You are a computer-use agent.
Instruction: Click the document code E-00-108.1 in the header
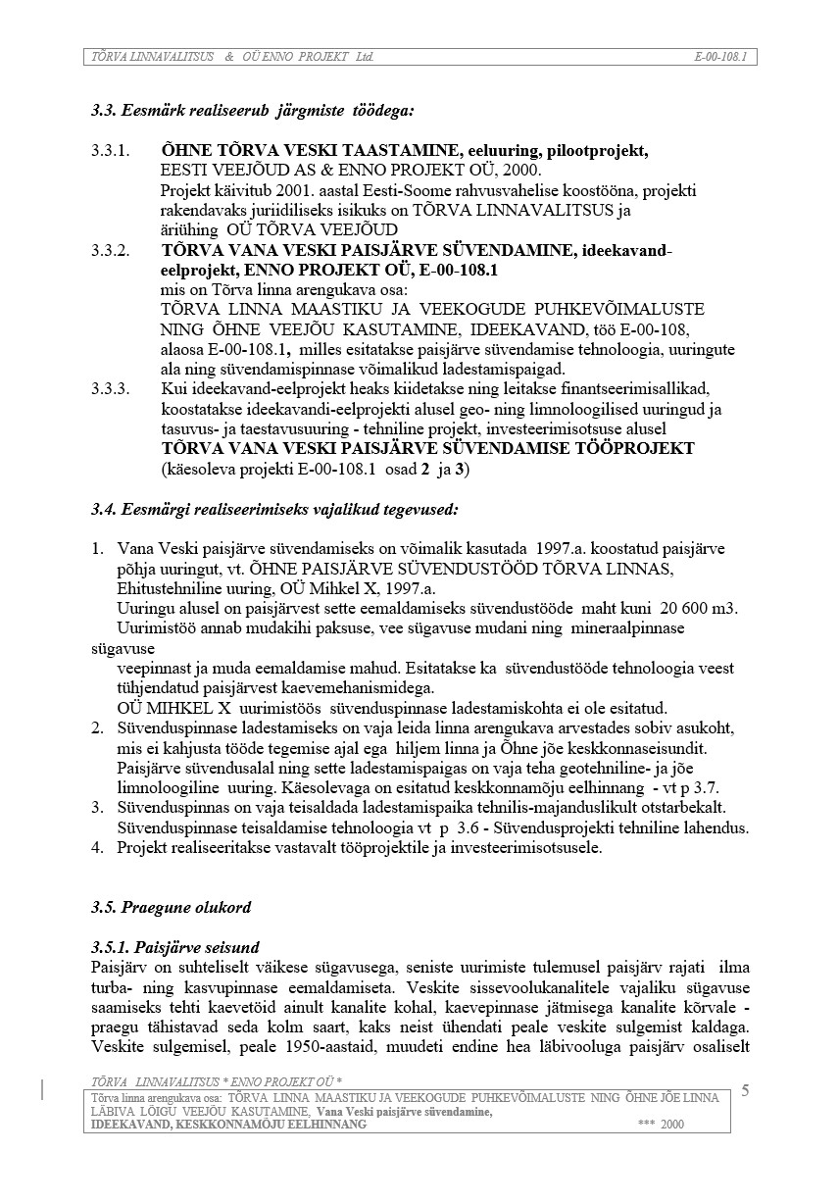tap(720, 57)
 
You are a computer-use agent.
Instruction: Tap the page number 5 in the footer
tap(745, 1091)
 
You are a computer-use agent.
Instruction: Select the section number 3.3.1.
tap(110, 152)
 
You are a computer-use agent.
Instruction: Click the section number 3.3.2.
tap(110, 251)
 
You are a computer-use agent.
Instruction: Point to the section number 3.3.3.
tap(110, 390)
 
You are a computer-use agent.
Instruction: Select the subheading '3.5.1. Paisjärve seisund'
tap(174, 947)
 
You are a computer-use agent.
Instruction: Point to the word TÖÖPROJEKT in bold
tap(628, 449)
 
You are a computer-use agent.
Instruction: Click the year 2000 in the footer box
tap(672, 1125)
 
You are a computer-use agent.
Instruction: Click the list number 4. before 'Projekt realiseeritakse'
tap(97, 847)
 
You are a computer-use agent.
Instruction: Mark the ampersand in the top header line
tap(228, 57)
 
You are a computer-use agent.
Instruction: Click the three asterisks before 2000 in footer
tap(645, 1125)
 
